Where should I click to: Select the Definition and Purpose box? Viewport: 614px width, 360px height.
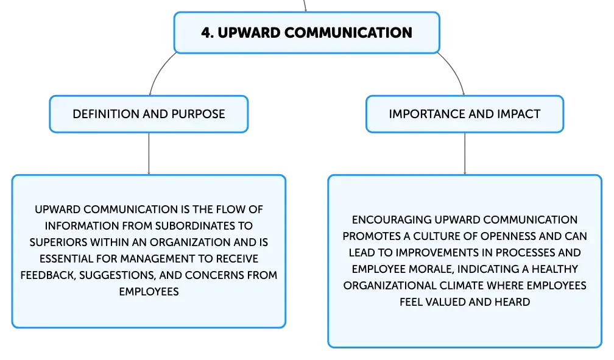point(149,114)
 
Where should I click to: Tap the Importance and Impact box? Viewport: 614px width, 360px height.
point(465,114)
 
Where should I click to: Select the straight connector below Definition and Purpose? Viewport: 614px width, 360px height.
point(149,154)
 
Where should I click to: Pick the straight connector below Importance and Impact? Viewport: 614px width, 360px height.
point(465,154)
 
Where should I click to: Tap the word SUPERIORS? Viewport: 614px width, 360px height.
point(58,242)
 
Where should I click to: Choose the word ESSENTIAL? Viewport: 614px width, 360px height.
point(66,259)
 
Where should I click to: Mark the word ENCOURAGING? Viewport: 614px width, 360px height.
point(391,220)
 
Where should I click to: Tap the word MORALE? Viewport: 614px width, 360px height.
point(431,269)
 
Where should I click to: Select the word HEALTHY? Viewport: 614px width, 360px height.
point(555,269)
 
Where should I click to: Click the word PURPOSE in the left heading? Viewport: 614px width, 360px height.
point(198,114)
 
